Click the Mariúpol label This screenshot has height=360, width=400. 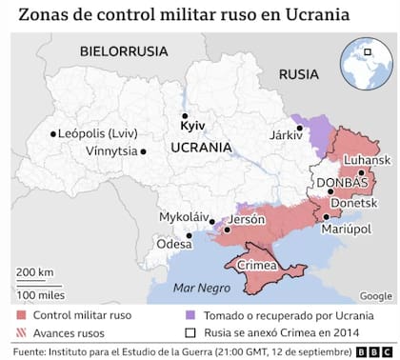(x=346, y=230)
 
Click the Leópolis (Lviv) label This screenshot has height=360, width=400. (x=100, y=133)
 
